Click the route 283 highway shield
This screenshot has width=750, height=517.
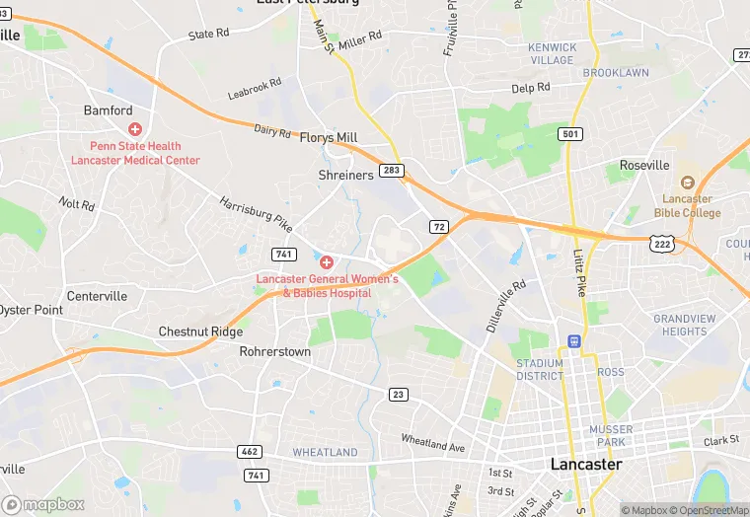coord(392,171)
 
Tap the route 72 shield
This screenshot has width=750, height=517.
coord(439,227)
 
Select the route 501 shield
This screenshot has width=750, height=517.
coord(569,133)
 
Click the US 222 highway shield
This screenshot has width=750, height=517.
coord(661,242)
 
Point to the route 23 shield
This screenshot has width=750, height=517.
coord(398,395)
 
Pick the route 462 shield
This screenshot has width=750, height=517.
coord(250,451)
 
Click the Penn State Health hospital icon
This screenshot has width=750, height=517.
coord(135,129)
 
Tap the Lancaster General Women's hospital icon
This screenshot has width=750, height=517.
coord(327,262)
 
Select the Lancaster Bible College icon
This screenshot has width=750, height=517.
coord(688,183)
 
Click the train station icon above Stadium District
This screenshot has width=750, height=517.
coord(572,341)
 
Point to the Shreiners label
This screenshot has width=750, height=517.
coord(345,175)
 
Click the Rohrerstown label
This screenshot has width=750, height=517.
coord(275,351)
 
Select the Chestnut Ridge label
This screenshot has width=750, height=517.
coord(200,332)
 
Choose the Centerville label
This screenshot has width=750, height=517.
coord(97,296)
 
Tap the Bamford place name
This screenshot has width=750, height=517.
coord(108,110)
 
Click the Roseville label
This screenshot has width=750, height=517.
coord(644,165)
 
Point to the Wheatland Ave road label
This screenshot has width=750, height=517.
coord(432,441)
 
